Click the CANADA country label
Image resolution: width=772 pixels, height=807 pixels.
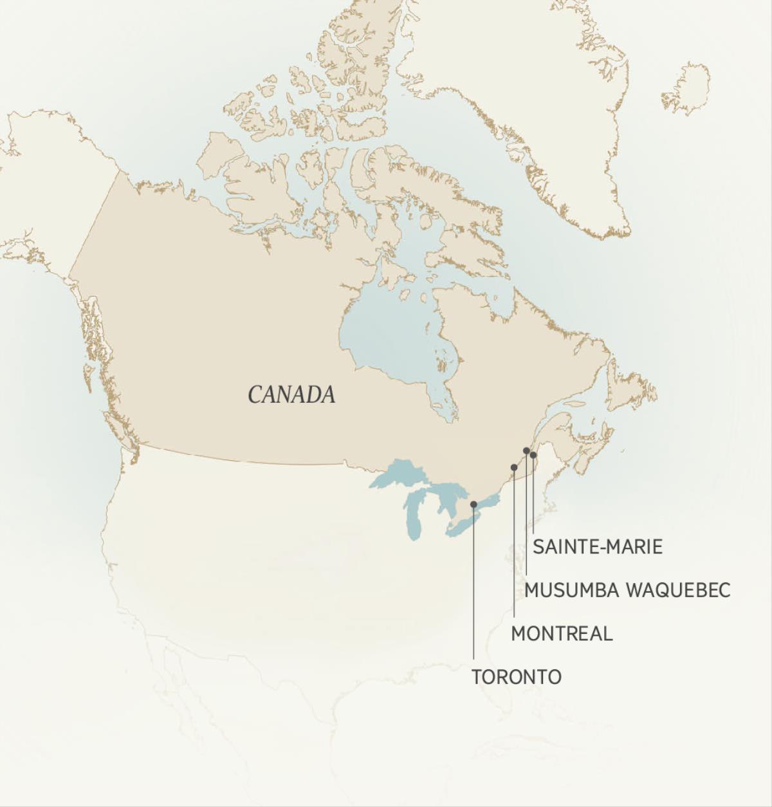click(x=291, y=394)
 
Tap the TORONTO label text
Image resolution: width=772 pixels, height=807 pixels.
click(x=517, y=677)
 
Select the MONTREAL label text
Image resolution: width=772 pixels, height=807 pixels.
click(x=562, y=634)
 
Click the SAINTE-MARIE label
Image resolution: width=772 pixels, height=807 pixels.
click(x=598, y=547)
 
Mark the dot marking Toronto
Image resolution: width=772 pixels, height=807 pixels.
click(x=473, y=505)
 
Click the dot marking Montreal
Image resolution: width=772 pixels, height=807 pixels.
click(x=513, y=467)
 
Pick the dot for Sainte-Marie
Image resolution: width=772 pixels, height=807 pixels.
click(x=533, y=455)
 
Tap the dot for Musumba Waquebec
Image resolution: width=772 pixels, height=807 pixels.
click(x=526, y=450)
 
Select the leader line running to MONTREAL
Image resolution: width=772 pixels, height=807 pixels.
click(x=513, y=547)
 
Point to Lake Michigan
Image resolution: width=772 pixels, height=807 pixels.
click(x=415, y=515)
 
